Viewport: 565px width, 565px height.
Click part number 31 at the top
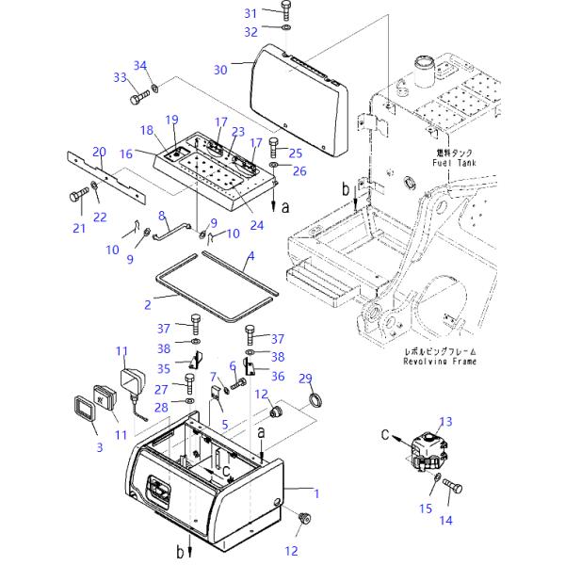tap(250, 13)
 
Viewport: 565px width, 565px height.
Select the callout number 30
tap(220, 70)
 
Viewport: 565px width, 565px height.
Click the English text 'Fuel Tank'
tap(456, 163)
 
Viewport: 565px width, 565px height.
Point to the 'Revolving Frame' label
tap(440, 361)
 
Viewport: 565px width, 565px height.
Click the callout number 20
tap(99, 151)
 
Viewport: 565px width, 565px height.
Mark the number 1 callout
tap(316, 492)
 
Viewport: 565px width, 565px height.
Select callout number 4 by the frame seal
tap(250, 256)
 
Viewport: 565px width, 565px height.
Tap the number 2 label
tap(147, 304)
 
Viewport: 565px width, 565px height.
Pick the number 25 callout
tap(295, 153)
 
